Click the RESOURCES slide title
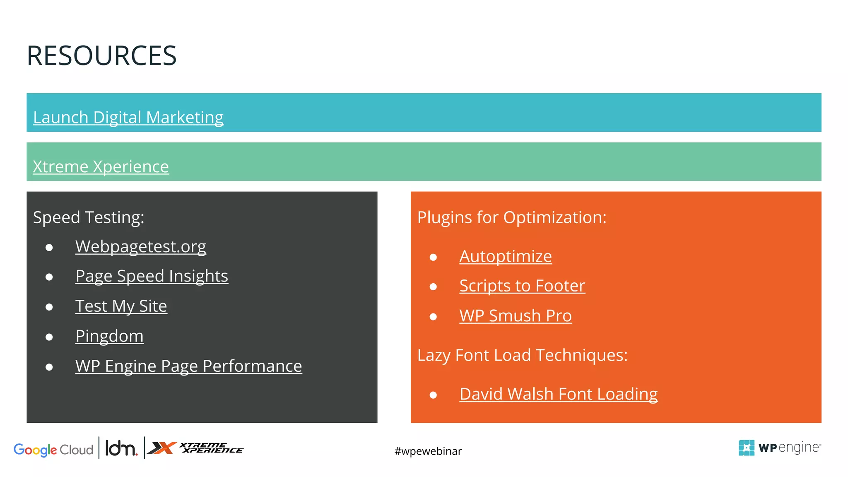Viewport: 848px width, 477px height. pyautogui.click(x=101, y=56)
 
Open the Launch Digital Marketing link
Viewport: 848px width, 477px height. pyautogui.click(x=128, y=117)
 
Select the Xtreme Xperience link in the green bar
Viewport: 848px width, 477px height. pyautogui.click(x=101, y=166)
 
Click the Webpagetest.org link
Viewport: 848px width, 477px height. pyautogui.click(x=140, y=246)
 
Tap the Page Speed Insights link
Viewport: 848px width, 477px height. pyautogui.click(x=152, y=276)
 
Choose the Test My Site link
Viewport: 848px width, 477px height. pyautogui.click(x=121, y=306)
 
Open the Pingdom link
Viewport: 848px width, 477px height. pyautogui.click(x=109, y=336)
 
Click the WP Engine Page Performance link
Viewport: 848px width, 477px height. pyautogui.click(x=188, y=366)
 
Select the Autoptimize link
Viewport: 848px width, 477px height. pyautogui.click(x=505, y=256)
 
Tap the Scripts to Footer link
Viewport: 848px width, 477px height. pyautogui.click(x=522, y=286)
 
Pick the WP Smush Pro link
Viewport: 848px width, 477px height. pyautogui.click(x=516, y=316)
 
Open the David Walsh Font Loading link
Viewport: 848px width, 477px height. pyautogui.click(x=558, y=394)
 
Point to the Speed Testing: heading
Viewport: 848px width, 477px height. pyautogui.click(x=89, y=217)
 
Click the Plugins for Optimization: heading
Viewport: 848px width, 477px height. pyautogui.click(x=511, y=217)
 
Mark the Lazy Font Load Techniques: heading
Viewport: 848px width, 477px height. pyautogui.click(x=522, y=355)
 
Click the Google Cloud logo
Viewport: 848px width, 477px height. pyautogui.click(x=53, y=449)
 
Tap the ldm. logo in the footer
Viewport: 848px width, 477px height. pyautogui.click(x=121, y=448)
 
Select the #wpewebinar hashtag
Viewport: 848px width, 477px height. pyautogui.click(x=428, y=451)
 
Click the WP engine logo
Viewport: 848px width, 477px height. pyautogui.click(x=779, y=448)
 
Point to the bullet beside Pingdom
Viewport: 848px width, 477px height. pyautogui.click(x=49, y=337)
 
